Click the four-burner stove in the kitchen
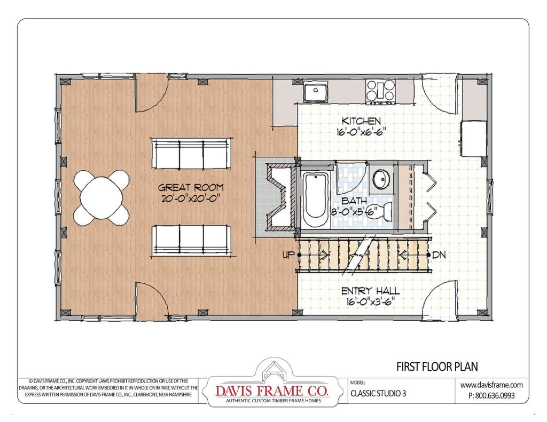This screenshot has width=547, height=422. point(380,91)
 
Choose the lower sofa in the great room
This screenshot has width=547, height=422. point(192,240)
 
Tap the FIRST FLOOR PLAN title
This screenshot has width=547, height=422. point(436,367)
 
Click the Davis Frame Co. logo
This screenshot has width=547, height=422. point(272,386)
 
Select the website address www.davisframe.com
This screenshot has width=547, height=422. point(491,384)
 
